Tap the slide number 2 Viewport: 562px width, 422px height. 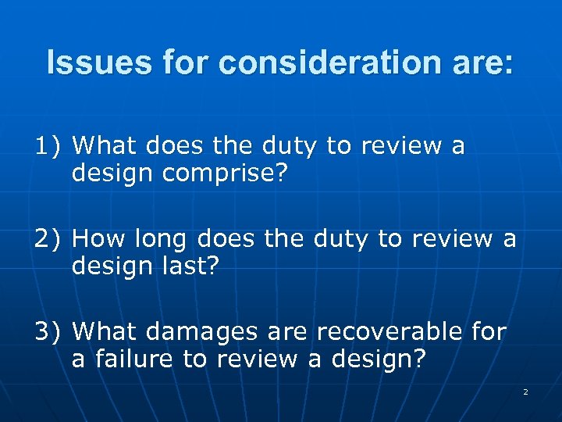click(525, 391)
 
